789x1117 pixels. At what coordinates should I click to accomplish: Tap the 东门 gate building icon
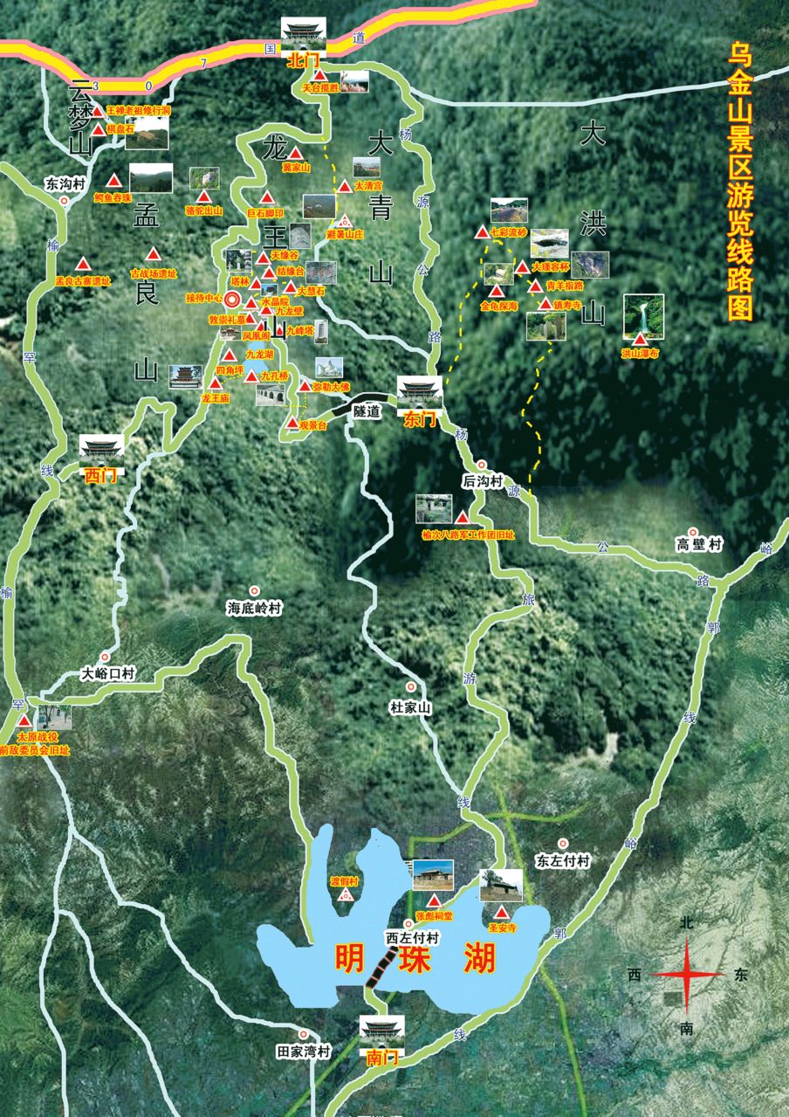coord(419,393)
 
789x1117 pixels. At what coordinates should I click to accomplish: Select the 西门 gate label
coord(101,476)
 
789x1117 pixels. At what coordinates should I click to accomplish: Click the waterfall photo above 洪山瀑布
coord(643,316)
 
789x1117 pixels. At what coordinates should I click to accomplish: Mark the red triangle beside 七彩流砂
coord(481,233)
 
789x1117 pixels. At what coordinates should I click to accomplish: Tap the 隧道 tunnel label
coord(367,411)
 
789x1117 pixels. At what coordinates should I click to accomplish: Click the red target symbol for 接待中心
coord(232,300)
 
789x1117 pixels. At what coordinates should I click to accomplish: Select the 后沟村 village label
coord(483,481)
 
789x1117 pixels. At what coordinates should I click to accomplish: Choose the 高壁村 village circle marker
coord(692,531)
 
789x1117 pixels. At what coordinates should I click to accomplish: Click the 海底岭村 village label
coord(255,608)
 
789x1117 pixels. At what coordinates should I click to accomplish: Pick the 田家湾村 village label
coord(303,1052)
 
